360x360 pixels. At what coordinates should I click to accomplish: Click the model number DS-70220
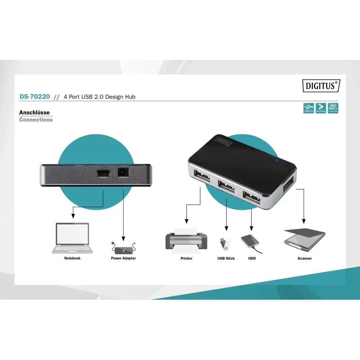click(x=35, y=96)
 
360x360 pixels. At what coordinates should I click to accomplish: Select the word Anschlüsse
click(x=34, y=112)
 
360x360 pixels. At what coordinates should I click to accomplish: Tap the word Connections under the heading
click(x=36, y=120)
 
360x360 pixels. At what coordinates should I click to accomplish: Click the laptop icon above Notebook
click(x=72, y=238)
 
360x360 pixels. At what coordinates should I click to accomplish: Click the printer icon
click(x=186, y=239)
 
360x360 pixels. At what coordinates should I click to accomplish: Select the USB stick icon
click(x=224, y=243)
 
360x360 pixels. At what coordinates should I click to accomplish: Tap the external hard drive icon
click(x=251, y=242)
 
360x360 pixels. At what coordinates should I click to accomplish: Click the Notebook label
click(x=72, y=258)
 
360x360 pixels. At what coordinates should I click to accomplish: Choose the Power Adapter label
click(x=123, y=258)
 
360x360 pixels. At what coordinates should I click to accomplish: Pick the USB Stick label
click(x=226, y=258)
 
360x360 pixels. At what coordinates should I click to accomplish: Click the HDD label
click(x=252, y=258)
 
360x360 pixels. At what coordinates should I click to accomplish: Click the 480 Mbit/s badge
click(x=333, y=108)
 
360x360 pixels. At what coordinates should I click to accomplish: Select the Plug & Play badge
click(x=321, y=108)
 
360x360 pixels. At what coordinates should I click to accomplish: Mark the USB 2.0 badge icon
click(x=308, y=108)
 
